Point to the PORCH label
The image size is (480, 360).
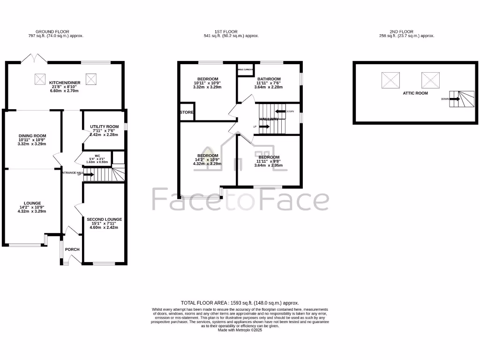coord(72,249)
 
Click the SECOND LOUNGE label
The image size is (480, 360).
coord(104,219)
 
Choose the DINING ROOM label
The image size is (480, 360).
coord(32,135)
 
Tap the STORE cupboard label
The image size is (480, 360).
coord(187,112)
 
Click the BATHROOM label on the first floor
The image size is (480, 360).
coord(269,79)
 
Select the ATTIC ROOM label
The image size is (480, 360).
coord(415,93)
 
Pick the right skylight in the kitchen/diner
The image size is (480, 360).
coord(91,79)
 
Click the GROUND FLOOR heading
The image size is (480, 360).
coord(56,31)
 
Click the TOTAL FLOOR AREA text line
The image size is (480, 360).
coord(240,303)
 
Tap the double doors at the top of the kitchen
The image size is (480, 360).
coord(34,60)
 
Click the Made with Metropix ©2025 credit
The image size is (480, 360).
coord(240,330)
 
